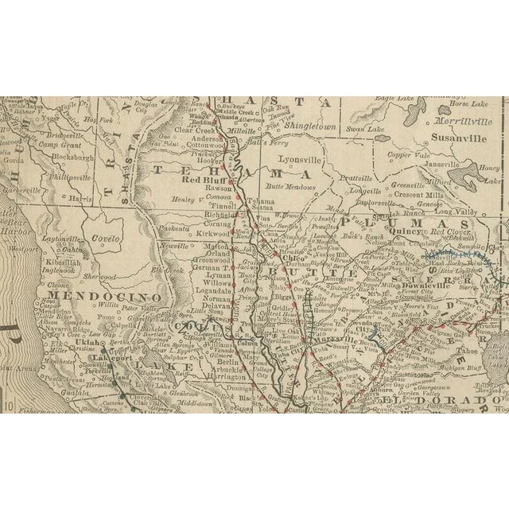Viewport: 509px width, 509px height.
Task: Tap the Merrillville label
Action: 464,121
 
